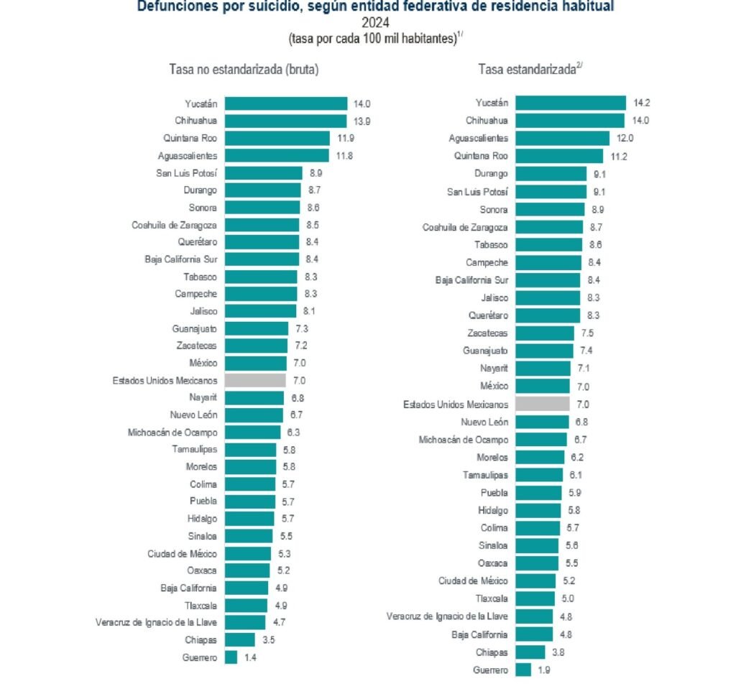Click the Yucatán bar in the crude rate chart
coord(286,104)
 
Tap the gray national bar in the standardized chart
coord(543,405)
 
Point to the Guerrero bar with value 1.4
coord(231,657)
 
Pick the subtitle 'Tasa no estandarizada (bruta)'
coord(244,70)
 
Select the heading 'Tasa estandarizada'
coord(527,70)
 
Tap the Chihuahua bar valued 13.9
coord(285,121)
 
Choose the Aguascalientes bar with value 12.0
coord(563,138)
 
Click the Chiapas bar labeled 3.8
coord(530,652)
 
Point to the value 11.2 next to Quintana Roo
coord(619,156)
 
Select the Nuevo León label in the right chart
coord(484,422)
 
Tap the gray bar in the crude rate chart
coord(255,381)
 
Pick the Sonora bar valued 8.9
coord(551,210)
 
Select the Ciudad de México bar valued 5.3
coord(248,553)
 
